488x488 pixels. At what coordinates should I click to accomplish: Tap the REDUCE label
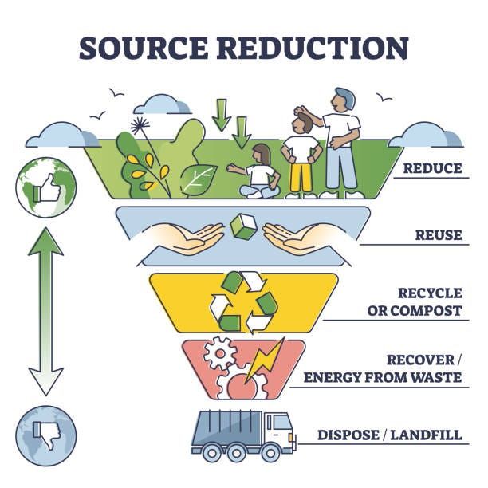[x=431, y=168]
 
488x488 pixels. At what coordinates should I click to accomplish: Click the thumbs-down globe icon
[x=45, y=435]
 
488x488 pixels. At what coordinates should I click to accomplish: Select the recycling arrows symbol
[x=243, y=302]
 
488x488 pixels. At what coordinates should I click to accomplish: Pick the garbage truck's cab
[x=278, y=431]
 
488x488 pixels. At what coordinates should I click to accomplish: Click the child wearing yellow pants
[x=301, y=155]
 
